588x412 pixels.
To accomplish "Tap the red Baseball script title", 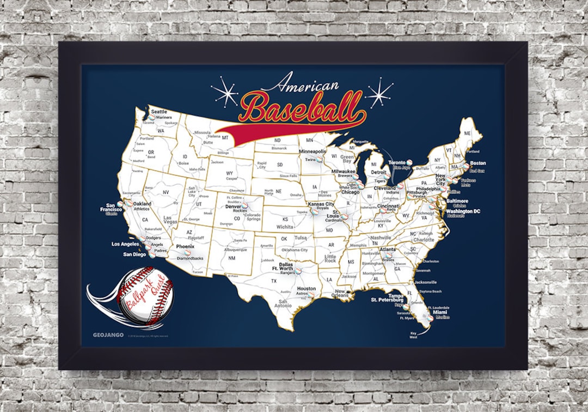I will click(301, 107).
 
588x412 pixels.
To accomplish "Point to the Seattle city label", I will click(159, 111).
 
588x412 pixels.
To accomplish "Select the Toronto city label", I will click(397, 162).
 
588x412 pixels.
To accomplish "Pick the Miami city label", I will click(440, 312).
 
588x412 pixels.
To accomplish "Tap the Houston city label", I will click(307, 288).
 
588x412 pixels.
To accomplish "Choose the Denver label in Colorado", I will click(233, 207).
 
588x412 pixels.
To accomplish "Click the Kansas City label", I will click(321, 204).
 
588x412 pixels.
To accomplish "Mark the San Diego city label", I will click(134, 254).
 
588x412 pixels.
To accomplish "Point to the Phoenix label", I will click(185, 246).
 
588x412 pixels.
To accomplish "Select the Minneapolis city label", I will click(313, 152).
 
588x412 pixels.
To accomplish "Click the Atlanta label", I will click(388, 250).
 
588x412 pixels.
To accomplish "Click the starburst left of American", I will click(224, 92).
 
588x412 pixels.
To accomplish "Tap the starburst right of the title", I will click(379, 93).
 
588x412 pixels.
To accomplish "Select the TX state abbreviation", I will click(274, 281).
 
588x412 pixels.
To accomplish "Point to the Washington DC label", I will click(463, 211).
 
